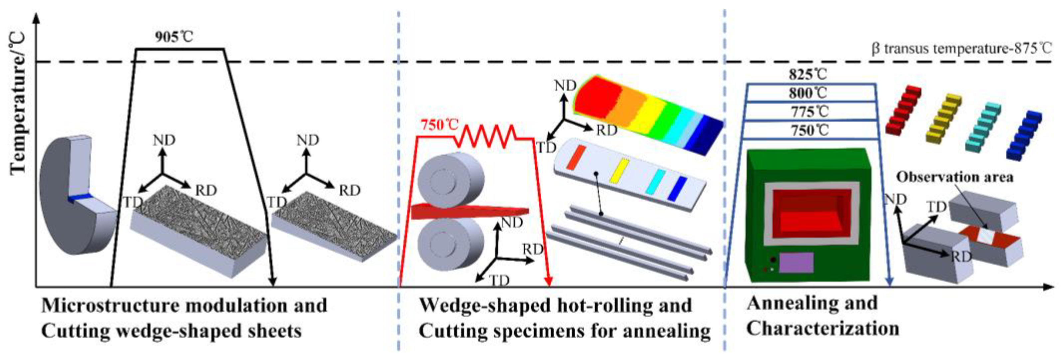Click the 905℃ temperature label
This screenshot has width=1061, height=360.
[174, 37]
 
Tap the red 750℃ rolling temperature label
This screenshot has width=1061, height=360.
[439, 125]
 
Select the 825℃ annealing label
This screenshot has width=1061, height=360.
[808, 75]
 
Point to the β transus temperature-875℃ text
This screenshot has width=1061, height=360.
[961, 49]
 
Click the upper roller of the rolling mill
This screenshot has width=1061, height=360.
[451, 180]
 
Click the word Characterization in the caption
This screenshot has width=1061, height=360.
[822, 329]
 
